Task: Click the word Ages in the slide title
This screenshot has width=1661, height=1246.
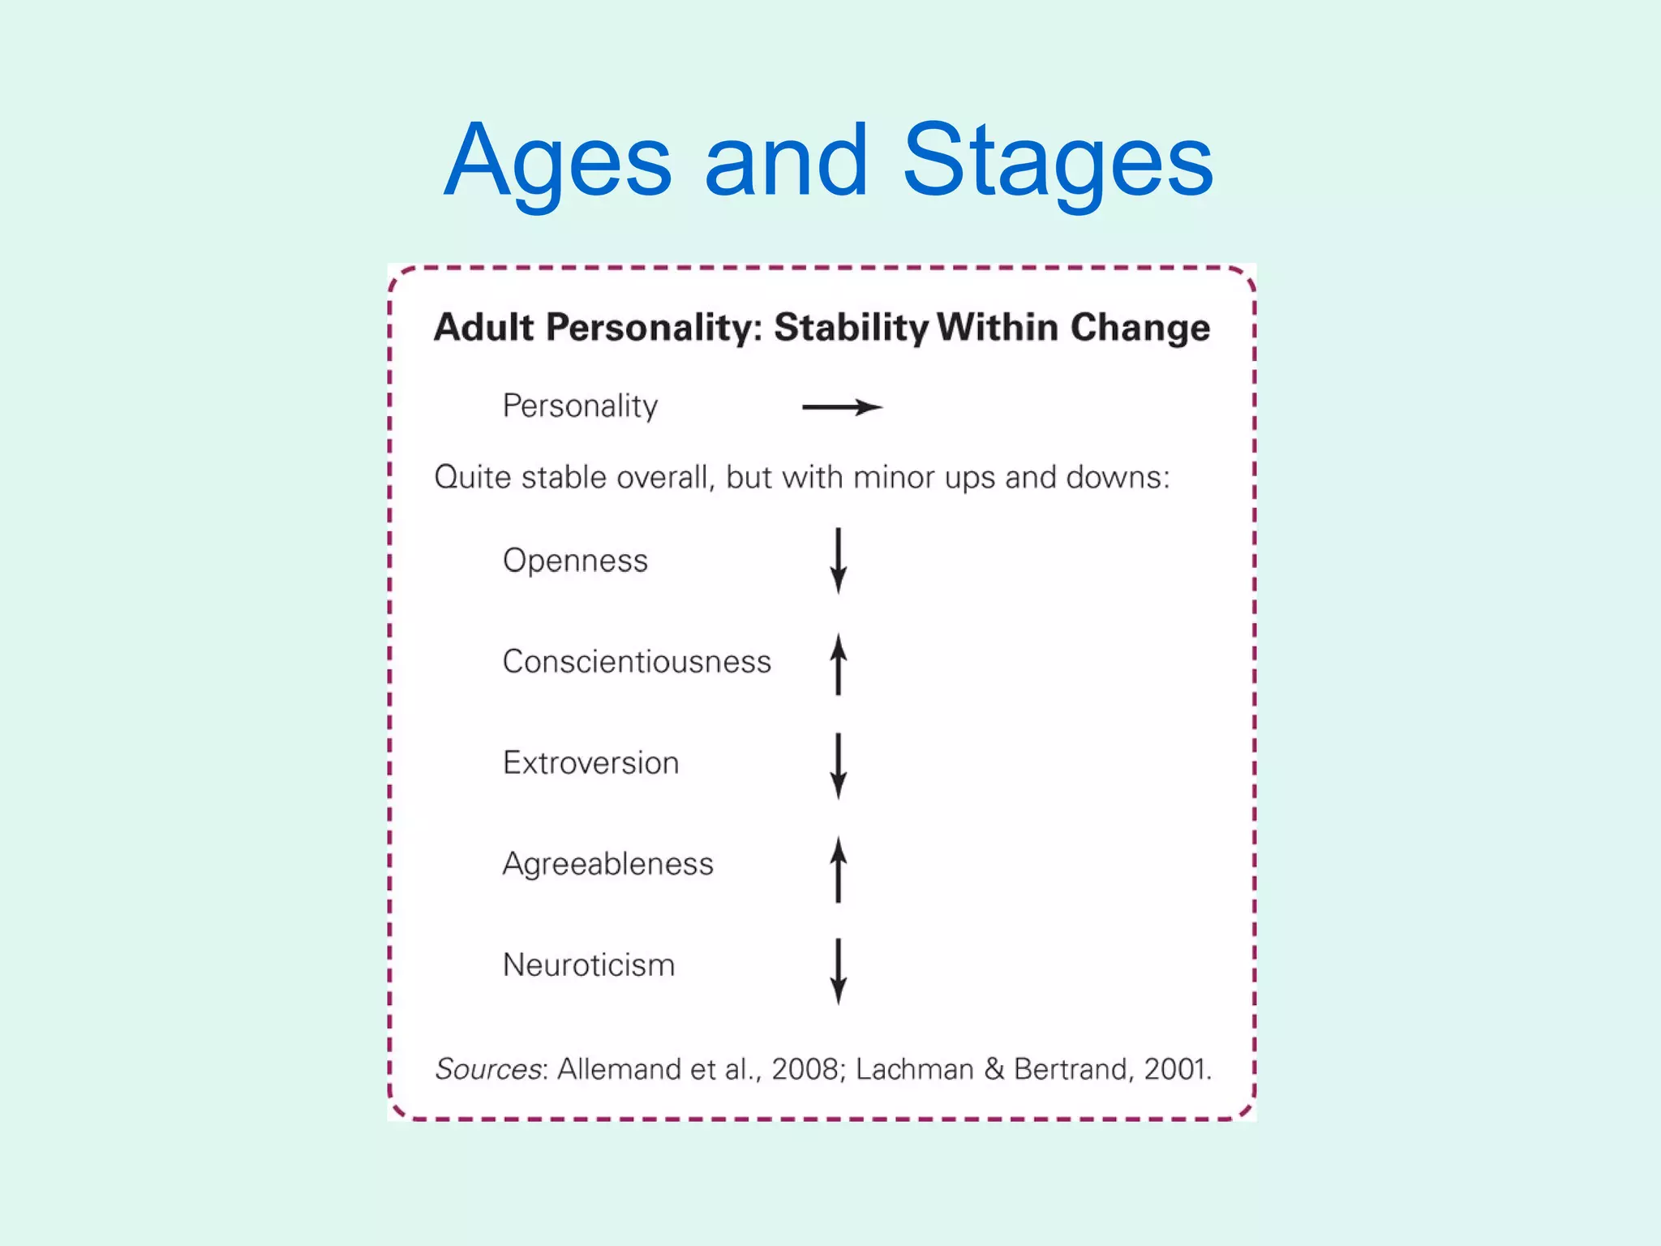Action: tap(558, 162)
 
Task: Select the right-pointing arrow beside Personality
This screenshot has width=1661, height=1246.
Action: tap(842, 407)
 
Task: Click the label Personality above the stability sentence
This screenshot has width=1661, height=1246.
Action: tap(580, 406)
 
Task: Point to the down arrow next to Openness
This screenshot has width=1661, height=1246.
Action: tap(839, 561)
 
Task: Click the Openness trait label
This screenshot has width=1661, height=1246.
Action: tap(575, 561)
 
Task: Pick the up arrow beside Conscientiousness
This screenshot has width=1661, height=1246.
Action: tap(839, 664)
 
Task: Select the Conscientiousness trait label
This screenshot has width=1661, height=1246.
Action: tap(637, 662)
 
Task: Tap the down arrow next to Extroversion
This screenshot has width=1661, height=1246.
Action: tap(839, 766)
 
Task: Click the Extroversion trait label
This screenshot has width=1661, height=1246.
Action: tap(590, 763)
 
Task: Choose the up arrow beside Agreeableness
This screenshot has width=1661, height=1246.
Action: tap(839, 869)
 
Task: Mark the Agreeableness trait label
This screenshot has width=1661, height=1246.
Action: tap(607, 865)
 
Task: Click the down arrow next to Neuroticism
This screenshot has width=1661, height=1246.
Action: tap(839, 971)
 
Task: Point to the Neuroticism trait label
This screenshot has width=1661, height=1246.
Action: tap(589, 965)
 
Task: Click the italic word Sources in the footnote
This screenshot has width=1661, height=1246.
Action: tap(488, 1069)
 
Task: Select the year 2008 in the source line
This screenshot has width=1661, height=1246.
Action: tap(804, 1069)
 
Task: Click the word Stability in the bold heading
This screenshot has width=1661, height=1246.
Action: tap(851, 329)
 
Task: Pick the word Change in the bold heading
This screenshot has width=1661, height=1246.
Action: tap(1140, 329)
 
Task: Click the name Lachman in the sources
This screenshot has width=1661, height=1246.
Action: tap(914, 1069)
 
